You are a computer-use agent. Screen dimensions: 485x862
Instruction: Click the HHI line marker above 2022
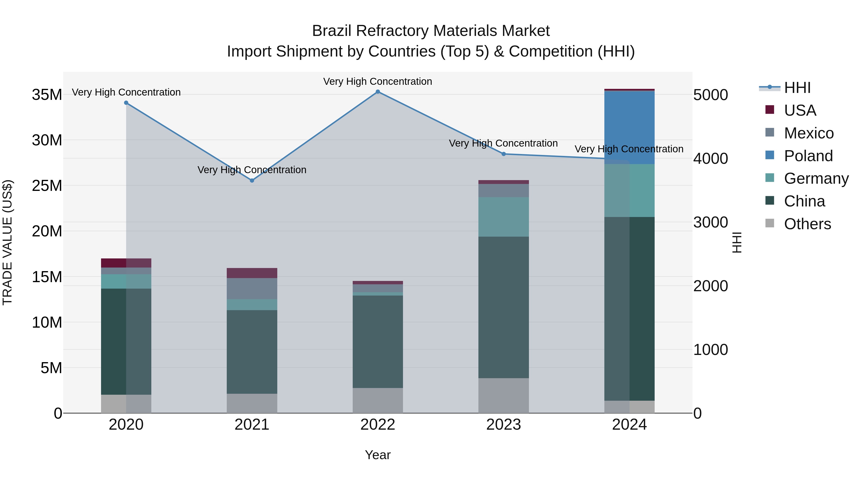click(x=378, y=92)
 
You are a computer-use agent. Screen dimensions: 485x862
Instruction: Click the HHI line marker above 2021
click(x=252, y=180)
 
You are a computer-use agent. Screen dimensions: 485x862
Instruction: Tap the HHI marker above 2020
click(x=126, y=103)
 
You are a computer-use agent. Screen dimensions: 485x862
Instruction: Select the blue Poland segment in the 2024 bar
click(x=629, y=127)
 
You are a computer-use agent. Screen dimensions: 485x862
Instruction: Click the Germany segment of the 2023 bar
click(x=503, y=217)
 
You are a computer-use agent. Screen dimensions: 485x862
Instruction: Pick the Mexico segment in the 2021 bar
click(x=252, y=289)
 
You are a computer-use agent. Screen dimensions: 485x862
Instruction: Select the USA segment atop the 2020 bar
click(x=126, y=263)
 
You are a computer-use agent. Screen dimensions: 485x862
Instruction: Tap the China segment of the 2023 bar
click(x=503, y=307)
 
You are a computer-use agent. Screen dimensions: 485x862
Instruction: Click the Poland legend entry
click(x=808, y=156)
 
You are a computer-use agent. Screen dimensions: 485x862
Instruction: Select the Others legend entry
click(x=807, y=224)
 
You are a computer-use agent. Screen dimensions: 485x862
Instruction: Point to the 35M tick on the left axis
click(x=47, y=95)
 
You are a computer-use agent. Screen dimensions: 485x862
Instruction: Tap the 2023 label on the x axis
click(x=503, y=425)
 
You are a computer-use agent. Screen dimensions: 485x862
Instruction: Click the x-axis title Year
click(x=378, y=455)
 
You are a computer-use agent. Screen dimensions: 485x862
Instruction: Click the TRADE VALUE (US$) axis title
click(x=7, y=242)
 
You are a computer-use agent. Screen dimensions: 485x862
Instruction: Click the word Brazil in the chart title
click(x=332, y=31)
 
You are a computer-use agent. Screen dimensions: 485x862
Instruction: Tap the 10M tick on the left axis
click(x=47, y=322)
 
